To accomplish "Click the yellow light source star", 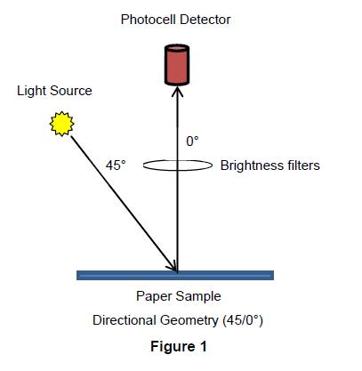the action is click(x=61, y=124).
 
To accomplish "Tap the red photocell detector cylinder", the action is click(x=177, y=65).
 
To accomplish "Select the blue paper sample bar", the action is click(x=175, y=275).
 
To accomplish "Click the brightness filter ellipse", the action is click(x=143, y=165).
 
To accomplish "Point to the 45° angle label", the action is click(x=116, y=165).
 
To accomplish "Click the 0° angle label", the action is click(x=192, y=141).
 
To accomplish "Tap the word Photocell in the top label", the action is click(x=149, y=20).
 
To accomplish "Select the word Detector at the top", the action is click(x=205, y=20).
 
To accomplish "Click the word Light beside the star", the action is click(x=31, y=91).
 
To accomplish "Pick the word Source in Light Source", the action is click(x=70, y=91).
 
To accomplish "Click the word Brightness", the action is click(x=248, y=165).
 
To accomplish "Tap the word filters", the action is click(x=300, y=165).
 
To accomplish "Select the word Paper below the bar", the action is click(x=154, y=296).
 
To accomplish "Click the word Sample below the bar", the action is click(x=198, y=296).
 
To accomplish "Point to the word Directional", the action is click(x=125, y=320).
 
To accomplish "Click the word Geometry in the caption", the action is click(x=189, y=321).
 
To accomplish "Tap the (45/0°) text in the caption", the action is click(x=242, y=320).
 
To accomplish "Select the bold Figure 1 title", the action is click(x=179, y=346).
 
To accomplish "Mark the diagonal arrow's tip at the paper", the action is click(x=177, y=271).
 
